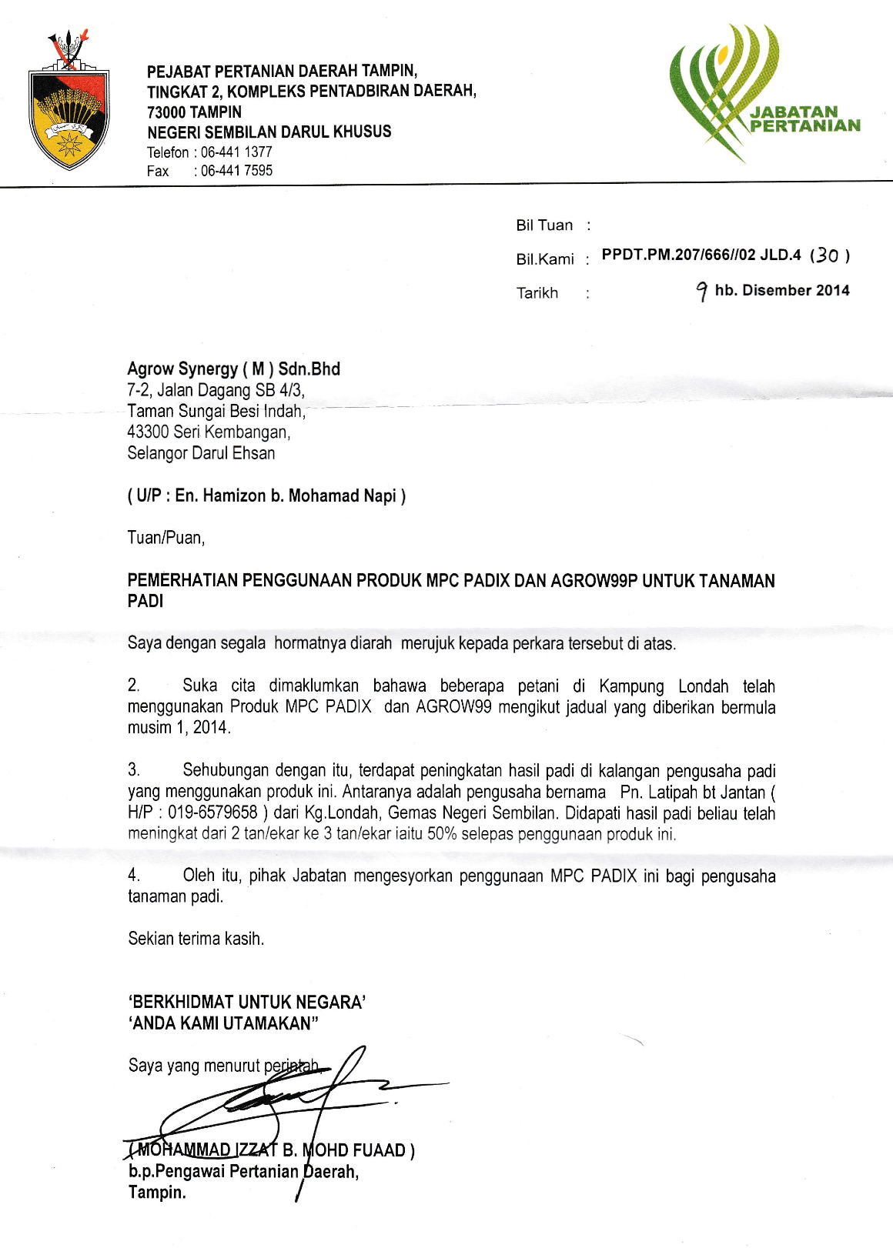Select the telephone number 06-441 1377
(236, 152)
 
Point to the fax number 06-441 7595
(236, 171)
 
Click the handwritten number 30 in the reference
(828, 255)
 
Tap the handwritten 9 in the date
(701, 291)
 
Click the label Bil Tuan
(544, 225)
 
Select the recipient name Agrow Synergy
(182, 369)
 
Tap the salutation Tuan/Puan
(166, 538)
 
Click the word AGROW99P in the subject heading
(594, 581)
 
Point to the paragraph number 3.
(133, 770)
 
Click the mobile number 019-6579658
(212, 813)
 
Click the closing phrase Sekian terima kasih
(196, 939)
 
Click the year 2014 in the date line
(826, 290)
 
